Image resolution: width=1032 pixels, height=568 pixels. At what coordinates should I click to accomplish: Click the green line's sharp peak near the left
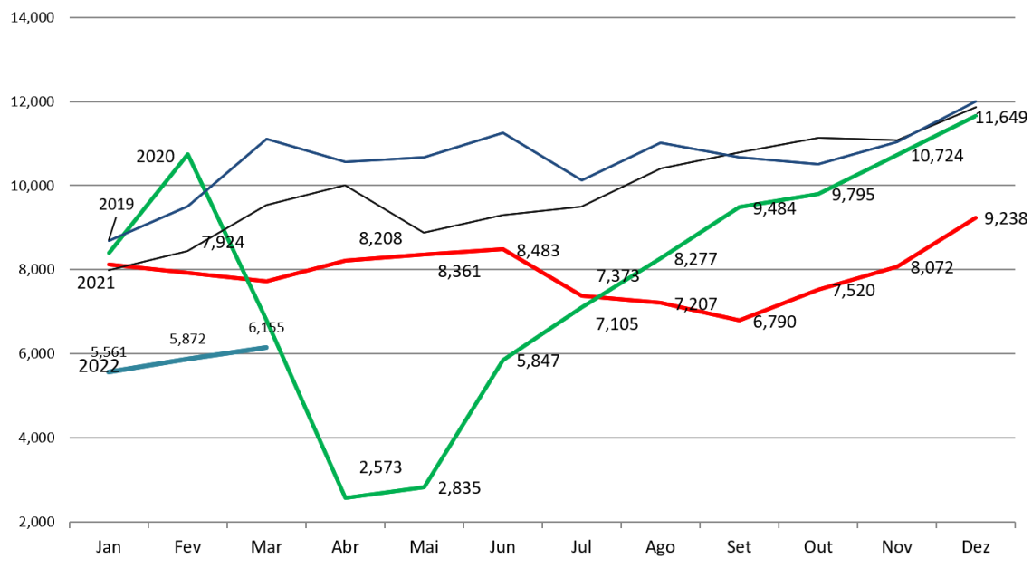pyautogui.click(x=187, y=154)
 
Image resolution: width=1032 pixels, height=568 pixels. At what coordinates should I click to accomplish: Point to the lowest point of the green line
pyautogui.click(x=346, y=497)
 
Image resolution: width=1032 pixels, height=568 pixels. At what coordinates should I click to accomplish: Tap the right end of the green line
pyautogui.click(x=976, y=116)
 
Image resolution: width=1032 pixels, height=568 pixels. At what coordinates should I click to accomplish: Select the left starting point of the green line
pyautogui.click(x=109, y=254)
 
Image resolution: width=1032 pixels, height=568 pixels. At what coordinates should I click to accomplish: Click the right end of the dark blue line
pyautogui.click(x=976, y=101)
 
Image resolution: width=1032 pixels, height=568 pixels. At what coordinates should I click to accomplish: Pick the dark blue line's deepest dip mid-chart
pyautogui.click(x=582, y=180)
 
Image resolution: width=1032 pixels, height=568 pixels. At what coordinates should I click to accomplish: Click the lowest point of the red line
pyautogui.click(x=740, y=320)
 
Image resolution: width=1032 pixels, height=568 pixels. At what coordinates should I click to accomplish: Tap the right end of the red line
pyautogui.click(x=976, y=217)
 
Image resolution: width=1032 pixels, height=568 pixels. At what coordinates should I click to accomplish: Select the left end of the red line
pyautogui.click(x=109, y=265)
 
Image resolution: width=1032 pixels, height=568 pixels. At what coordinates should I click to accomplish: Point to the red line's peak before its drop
pyautogui.click(x=503, y=248)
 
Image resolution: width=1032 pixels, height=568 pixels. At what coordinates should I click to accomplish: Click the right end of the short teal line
pyautogui.click(x=266, y=347)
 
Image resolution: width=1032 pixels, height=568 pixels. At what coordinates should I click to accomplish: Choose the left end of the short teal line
pyautogui.click(x=109, y=371)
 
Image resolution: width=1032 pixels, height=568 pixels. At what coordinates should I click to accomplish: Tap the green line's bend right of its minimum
pyautogui.click(x=424, y=486)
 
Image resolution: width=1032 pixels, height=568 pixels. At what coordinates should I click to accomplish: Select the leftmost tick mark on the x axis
pyautogui.click(x=70, y=524)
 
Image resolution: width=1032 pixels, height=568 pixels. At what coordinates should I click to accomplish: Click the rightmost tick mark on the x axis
pyautogui.click(x=1015, y=524)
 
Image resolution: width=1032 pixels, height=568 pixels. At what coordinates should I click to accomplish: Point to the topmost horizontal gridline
pyautogui.click(x=543, y=17)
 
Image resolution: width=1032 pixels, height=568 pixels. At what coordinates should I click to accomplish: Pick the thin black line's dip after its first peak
pyautogui.click(x=424, y=232)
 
